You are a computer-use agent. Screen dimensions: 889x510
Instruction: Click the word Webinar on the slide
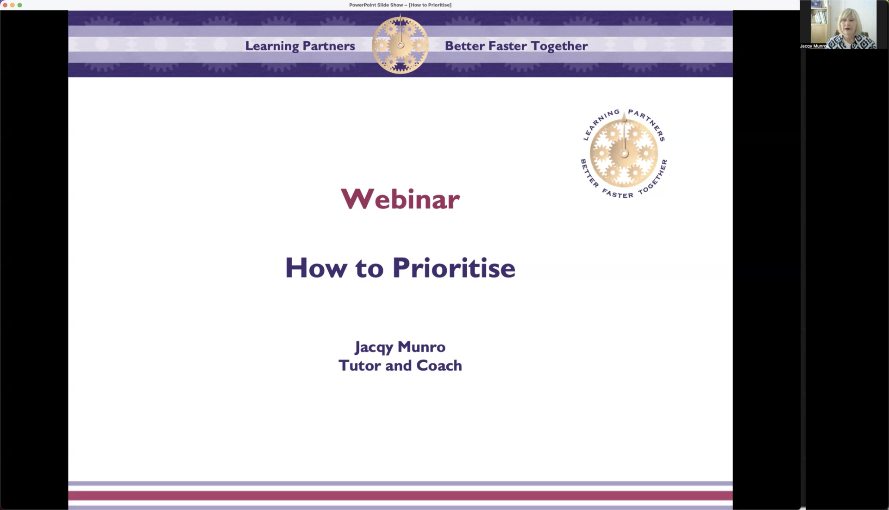(x=400, y=199)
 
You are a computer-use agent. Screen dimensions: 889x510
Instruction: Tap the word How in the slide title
(x=316, y=268)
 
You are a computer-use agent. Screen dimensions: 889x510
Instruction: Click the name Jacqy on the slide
(x=374, y=347)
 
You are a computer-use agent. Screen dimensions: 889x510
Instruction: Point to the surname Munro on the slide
(x=422, y=346)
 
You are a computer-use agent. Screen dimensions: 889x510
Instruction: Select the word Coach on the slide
(x=439, y=365)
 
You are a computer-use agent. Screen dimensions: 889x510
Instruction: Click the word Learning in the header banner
(x=272, y=46)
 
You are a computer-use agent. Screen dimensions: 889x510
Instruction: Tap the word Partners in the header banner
(x=329, y=46)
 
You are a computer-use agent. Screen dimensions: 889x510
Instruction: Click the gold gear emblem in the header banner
(x=400, y=44)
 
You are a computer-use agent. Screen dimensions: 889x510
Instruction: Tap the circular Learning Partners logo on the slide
(x=624, y=154)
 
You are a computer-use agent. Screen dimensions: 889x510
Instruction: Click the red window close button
(x=5, y=5)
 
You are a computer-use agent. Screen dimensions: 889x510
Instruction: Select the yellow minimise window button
(x=13, y=5)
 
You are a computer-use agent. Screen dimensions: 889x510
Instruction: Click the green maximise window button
(x=20, y=5)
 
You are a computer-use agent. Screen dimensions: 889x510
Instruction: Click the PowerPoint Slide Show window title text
(x=400, y=5)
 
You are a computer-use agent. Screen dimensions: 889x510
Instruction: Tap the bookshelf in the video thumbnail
(x=819, y=19)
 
